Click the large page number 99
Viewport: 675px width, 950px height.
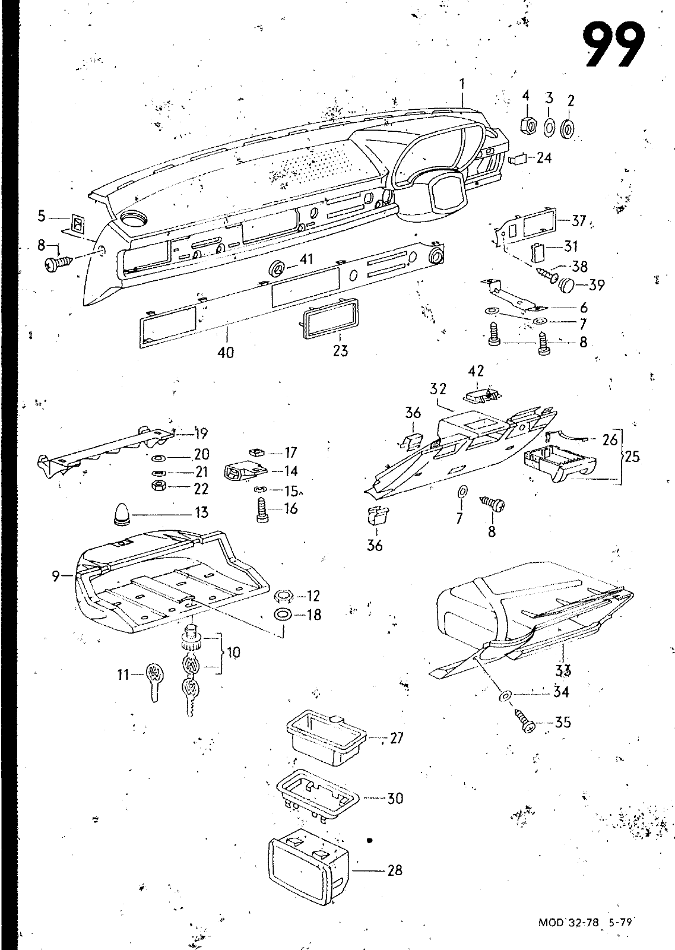613,45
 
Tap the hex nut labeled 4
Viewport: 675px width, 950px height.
527,125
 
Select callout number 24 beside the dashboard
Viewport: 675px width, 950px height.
544,157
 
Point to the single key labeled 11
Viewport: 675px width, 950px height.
154,682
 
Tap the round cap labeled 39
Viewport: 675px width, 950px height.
569,285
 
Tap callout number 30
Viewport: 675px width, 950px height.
395,799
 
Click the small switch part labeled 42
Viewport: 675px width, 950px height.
480,394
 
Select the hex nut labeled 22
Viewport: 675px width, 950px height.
160,487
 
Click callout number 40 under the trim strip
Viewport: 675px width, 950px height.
226,352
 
